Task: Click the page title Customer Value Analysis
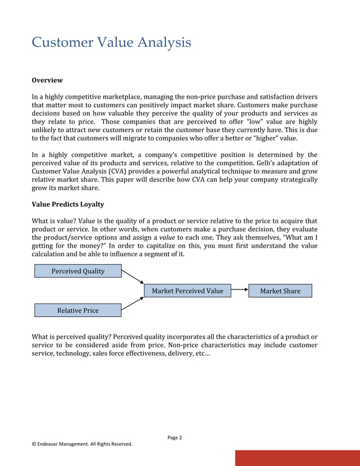tap(111, 42)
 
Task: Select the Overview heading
tap(47, 80)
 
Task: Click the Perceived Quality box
tap(78, 271)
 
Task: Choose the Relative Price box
tap(78, 310)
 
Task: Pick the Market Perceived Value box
tap(187, 291)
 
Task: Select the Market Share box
tap(280, 291)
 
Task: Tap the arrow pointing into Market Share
tap(240, 291)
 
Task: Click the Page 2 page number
tap(175, 437)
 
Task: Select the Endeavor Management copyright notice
tap(82, 444)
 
